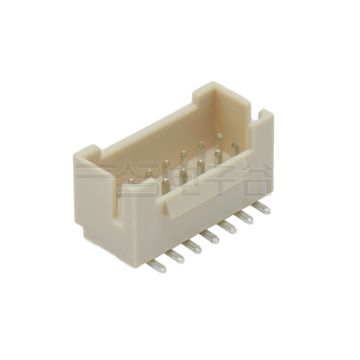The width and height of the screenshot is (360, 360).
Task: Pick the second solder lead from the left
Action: coord(175,256)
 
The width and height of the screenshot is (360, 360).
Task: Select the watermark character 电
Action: coord(173,178)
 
